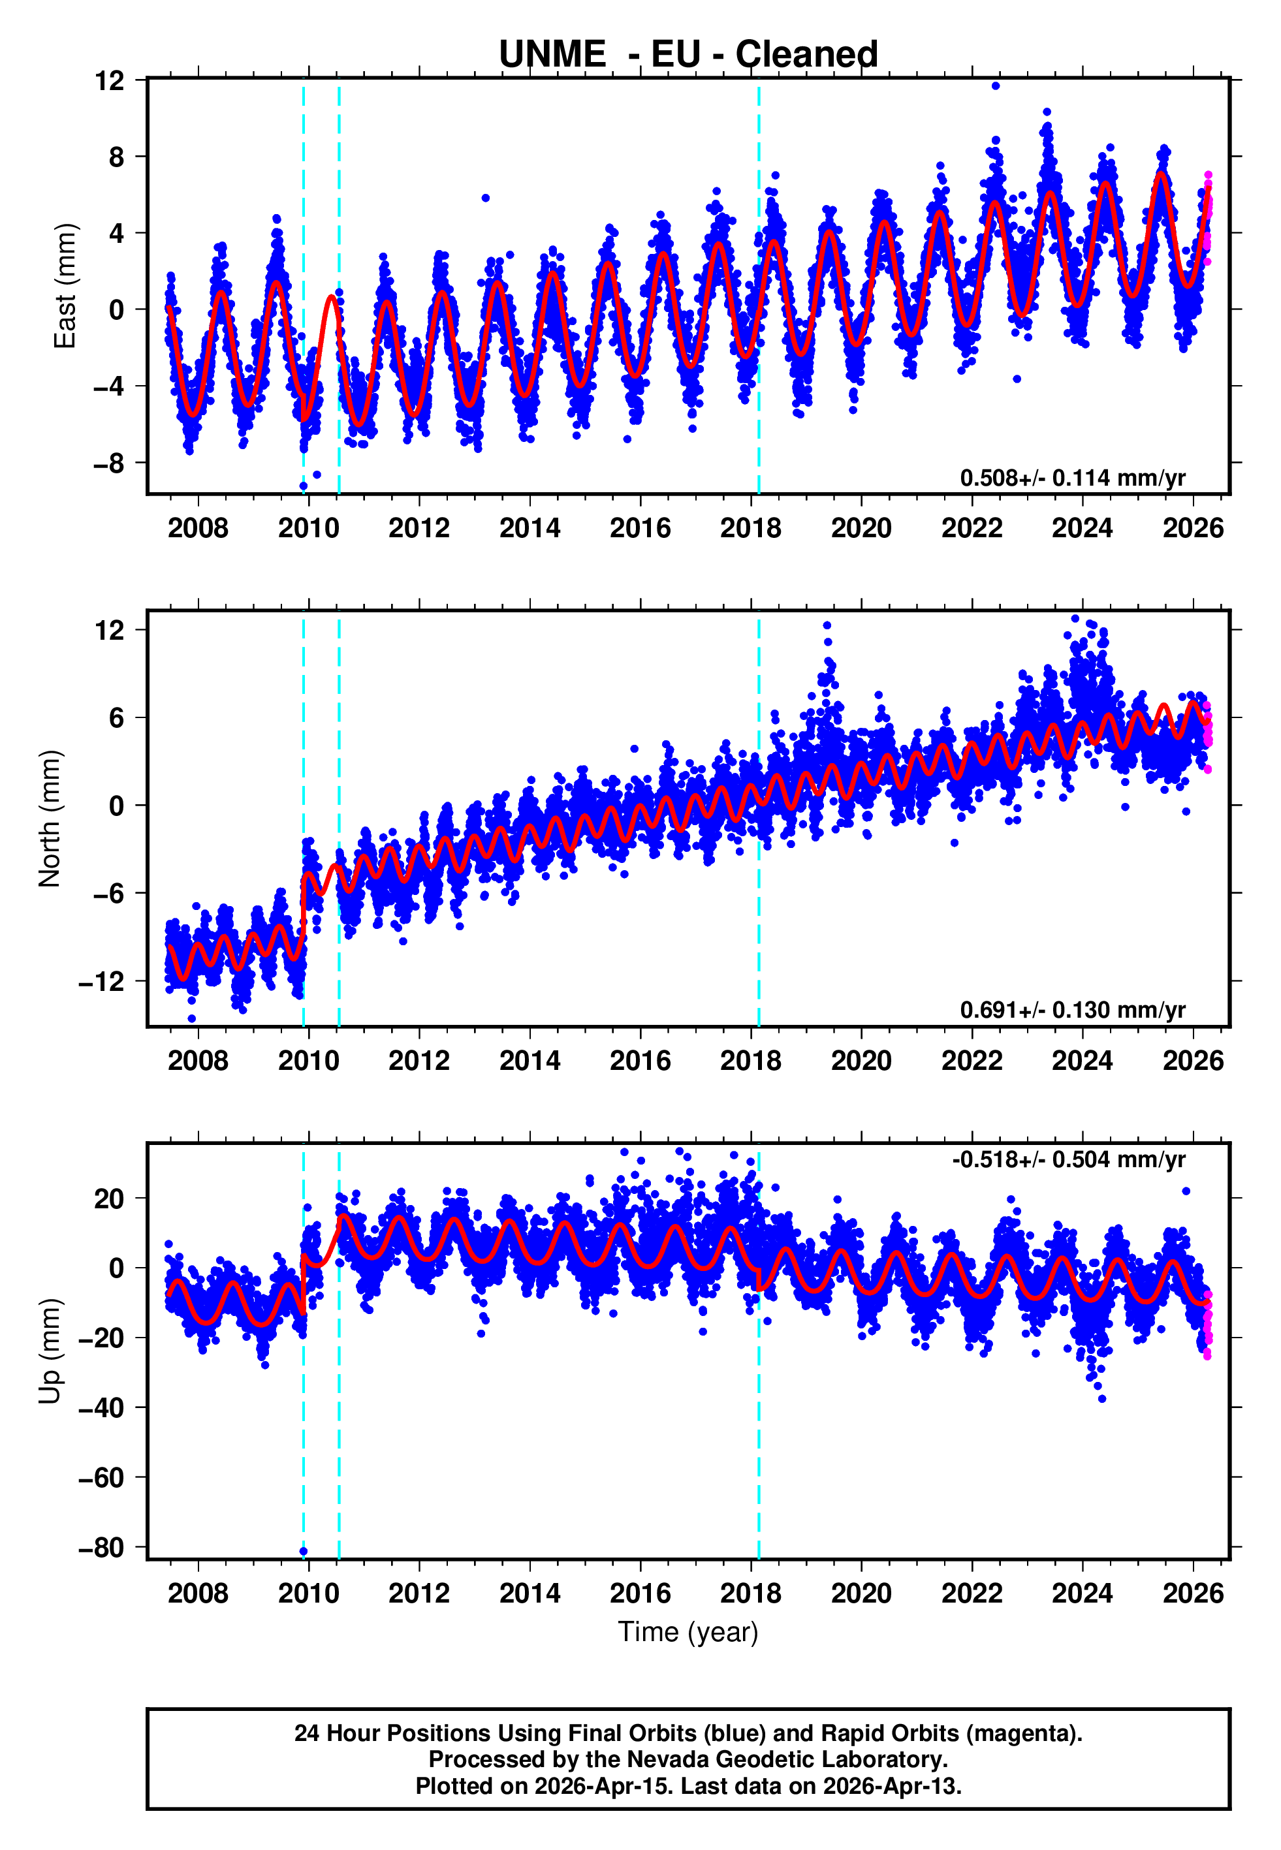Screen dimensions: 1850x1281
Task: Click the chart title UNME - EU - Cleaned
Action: tap(688, 55)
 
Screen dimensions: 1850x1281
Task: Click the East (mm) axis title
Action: tap(64, 286)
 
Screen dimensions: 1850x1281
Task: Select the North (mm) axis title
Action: tap(50, 819)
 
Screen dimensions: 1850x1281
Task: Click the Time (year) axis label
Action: tap(688, 1632)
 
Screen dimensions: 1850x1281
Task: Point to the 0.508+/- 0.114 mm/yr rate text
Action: tap(1072, 478)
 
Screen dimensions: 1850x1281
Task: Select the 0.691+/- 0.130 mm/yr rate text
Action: tap(1072, 1010)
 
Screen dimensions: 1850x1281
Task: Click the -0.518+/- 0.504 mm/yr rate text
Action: tap(1068, 1159)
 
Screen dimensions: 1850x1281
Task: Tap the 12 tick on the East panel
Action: tap(110, 80)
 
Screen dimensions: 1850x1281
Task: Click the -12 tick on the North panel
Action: tap(102, 981)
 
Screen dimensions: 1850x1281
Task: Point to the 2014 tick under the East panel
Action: tap(530, 528)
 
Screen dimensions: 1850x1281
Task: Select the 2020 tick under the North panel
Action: tap(861, 1061)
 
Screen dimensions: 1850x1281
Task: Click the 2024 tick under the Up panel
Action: tap(1082, 1593)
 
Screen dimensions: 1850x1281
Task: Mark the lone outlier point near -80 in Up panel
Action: tap(304, 1552)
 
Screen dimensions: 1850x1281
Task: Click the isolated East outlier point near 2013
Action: tap(486, 197)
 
